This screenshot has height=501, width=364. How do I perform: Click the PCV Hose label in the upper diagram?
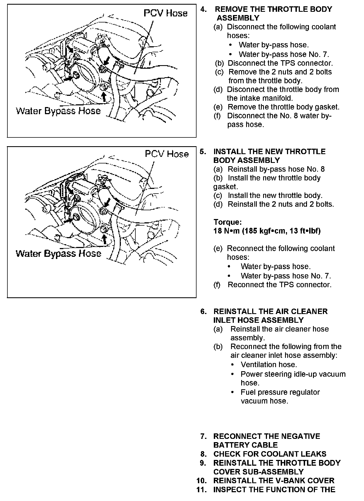tap(166, 13)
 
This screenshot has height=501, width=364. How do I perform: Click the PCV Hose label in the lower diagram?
tap(167, 154)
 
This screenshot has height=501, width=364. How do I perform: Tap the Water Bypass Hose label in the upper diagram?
tap(58, 111)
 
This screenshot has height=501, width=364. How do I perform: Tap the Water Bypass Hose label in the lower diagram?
tap(58, 254)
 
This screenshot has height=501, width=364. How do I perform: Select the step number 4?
tap(203, 9)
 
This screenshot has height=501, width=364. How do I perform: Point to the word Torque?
tap(228, 222)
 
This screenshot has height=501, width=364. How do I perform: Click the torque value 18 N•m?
tap(226, 231)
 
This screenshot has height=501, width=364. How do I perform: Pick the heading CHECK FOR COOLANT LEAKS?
tap(270, 454)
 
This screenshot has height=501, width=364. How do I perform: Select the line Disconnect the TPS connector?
tap(280, 63)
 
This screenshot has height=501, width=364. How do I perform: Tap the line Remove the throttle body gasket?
tap(283, 107)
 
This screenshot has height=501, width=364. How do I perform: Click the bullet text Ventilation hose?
tap(269, 365)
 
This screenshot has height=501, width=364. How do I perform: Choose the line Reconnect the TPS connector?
tap(280, 285)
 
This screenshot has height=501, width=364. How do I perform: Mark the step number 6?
tap(203, 312)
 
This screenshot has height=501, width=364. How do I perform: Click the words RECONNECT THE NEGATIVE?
tap(266, 436)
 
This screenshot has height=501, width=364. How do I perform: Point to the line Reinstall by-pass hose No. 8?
tap(276, 169)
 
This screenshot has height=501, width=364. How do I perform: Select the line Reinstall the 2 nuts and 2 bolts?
tap(281, 204)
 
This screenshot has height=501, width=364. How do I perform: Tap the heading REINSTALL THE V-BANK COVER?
tap(274, 480)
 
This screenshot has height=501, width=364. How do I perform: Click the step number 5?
tap(203, 152)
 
